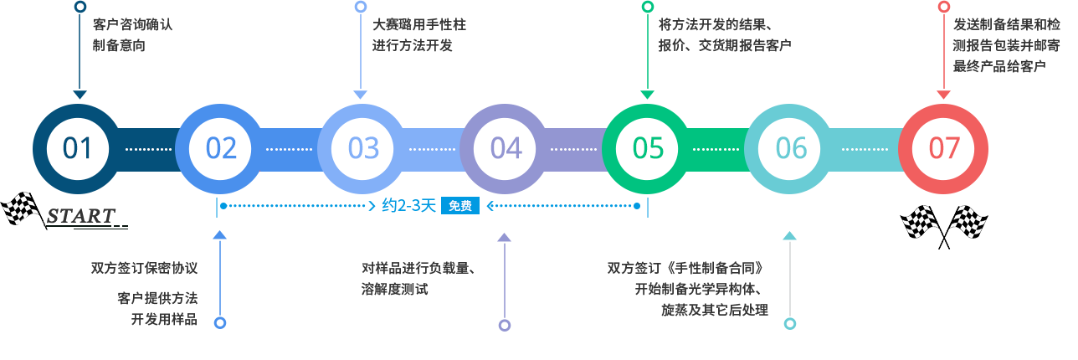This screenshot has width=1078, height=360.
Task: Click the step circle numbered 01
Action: [78, 149]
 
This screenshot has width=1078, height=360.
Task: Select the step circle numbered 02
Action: [220, 149]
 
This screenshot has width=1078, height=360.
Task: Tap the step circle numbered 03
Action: [362, 149]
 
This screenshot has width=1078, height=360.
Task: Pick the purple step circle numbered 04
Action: [505, 149]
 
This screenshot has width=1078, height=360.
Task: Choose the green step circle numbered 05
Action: [647, 149]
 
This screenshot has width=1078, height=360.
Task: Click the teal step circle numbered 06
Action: [790, 149]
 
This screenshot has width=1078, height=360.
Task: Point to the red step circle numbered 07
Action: [943, 149]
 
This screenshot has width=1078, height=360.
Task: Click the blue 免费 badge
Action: [460, 206]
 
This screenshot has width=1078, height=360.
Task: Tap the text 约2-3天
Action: [408, 206]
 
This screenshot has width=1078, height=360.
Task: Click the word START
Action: [81, 216]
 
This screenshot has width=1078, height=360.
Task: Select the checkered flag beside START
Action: [23, 209]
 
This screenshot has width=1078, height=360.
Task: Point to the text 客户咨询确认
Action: [132, 24]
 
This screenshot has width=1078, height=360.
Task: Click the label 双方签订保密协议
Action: [144, 268]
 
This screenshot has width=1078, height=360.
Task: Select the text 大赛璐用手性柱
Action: [419, 24]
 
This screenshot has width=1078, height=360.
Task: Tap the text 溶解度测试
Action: [395, 289]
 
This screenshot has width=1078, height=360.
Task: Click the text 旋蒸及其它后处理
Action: [715, 310]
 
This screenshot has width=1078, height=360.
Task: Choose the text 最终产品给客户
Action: [999, 66]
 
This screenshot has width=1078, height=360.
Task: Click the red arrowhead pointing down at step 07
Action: [944, 95]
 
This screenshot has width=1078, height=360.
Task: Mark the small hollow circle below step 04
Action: [505, 326]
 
